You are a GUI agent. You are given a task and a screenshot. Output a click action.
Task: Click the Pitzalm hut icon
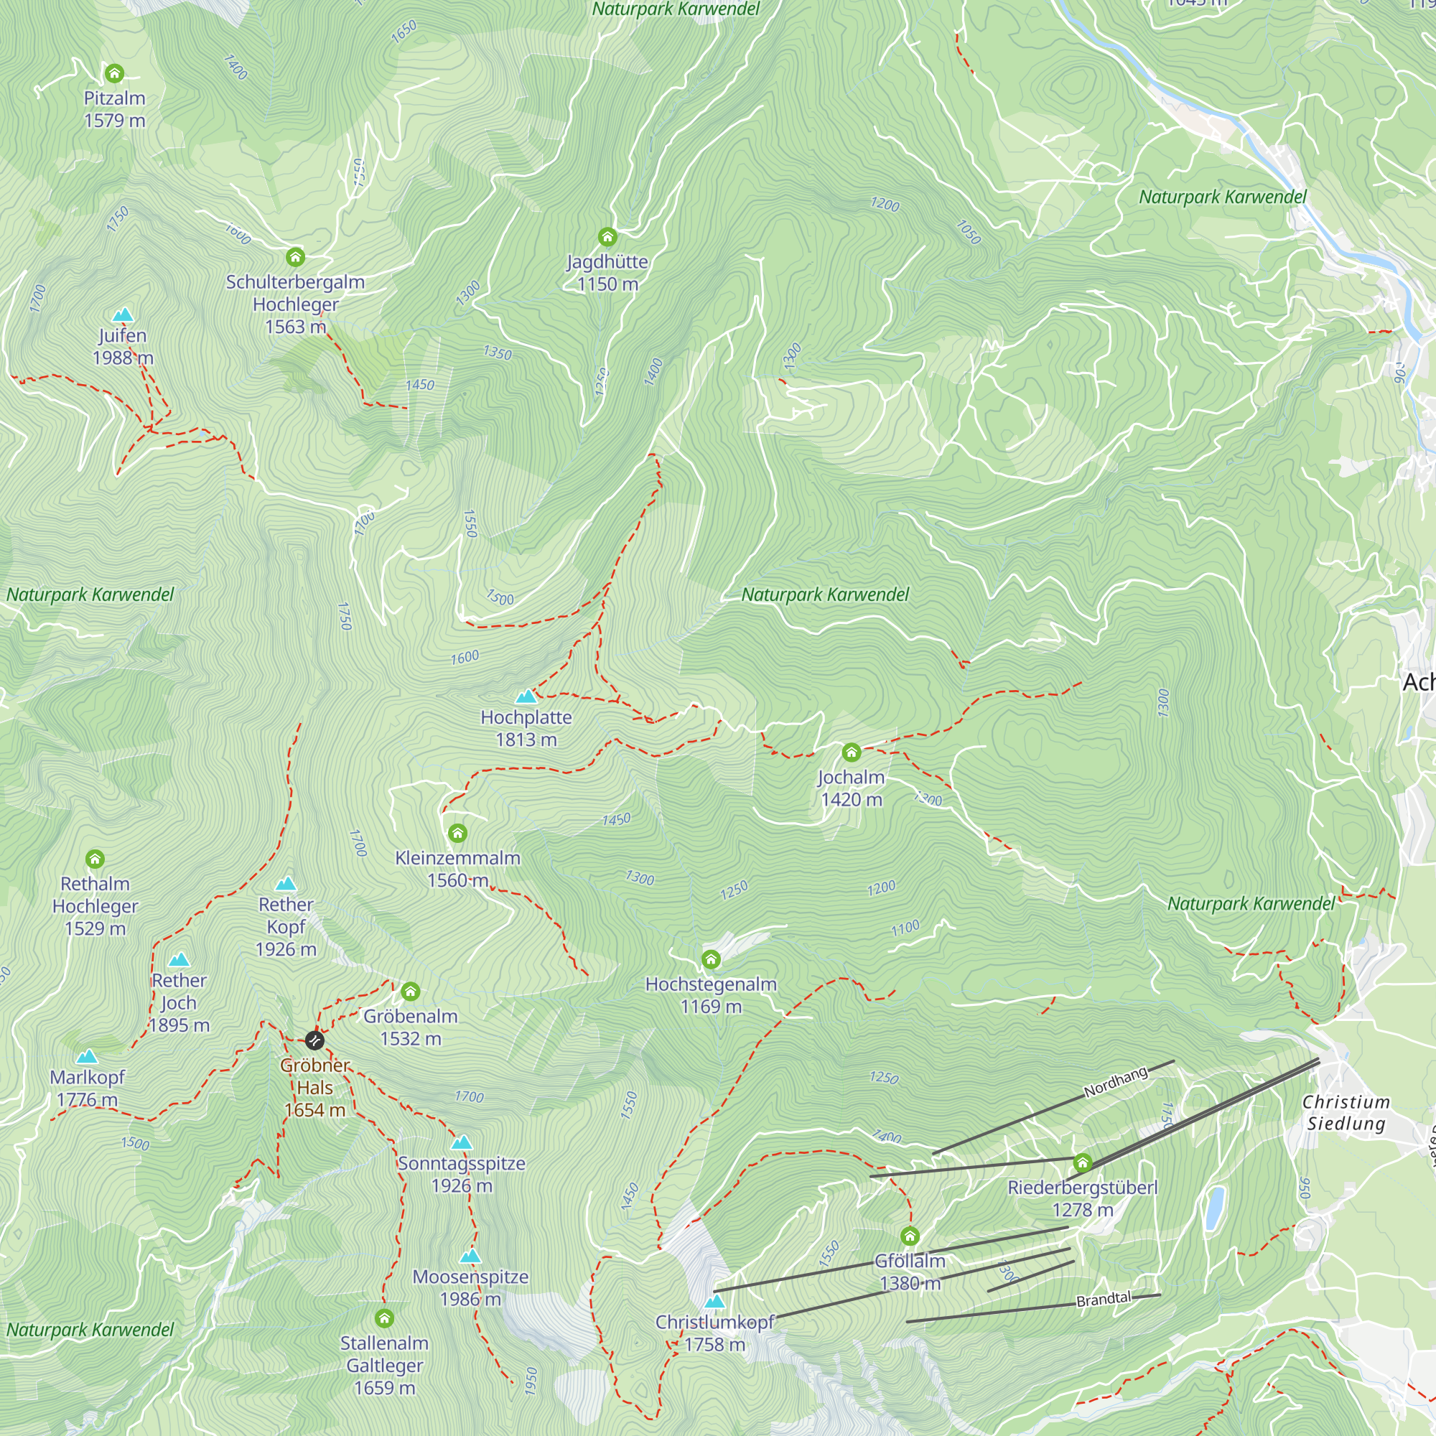113,73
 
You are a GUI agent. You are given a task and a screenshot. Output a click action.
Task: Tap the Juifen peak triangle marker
123,315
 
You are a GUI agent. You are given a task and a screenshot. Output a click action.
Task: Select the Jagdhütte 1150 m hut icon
607,237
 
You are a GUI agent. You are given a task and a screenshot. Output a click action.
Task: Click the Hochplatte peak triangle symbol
526,696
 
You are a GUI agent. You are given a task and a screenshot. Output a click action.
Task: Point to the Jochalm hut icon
851,752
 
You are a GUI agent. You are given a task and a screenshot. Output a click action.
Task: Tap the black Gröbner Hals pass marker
314,1040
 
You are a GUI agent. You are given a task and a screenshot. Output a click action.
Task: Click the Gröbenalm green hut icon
410,991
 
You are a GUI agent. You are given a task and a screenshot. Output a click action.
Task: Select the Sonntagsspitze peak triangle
462,1142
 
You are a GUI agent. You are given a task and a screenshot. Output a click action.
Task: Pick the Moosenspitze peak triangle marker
470,1256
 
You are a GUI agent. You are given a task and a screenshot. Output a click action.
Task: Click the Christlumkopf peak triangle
714,1302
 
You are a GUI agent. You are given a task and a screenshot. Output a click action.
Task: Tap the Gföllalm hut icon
910,1236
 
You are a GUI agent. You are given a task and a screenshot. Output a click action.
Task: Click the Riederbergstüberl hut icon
1082,1162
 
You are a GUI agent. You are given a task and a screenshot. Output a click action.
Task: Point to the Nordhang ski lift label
1116,1082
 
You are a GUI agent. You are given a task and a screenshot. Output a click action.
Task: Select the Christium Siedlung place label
1346,1113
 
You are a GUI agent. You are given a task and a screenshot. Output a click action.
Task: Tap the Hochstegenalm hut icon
711,959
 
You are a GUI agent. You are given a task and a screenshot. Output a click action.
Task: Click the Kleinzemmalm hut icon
458,833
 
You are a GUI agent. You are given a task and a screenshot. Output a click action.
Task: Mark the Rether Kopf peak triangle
286,884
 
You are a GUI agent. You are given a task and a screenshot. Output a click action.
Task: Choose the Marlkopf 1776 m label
87,1087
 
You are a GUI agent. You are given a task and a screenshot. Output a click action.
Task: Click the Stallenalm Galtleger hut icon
384,1318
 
